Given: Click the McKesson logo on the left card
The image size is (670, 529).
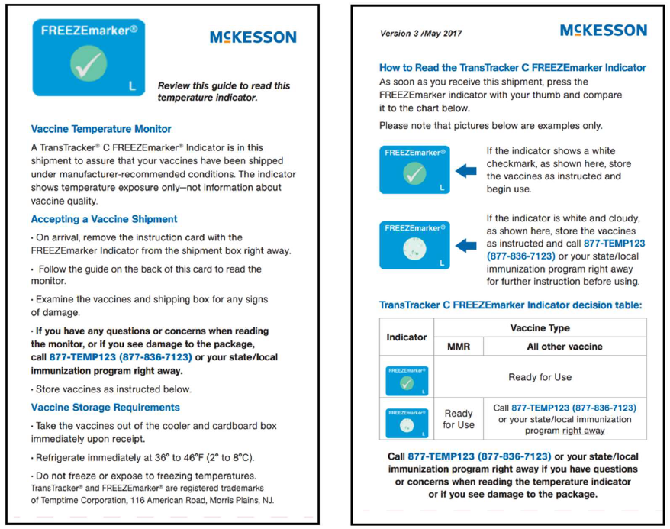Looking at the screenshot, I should click(x=253, y=37).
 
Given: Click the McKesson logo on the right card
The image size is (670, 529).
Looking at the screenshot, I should click(x=603, y=31).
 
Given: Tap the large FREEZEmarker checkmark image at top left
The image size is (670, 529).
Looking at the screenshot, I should click(x=89, y=58).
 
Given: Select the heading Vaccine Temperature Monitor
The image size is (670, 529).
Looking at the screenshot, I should click(x=101, y=129).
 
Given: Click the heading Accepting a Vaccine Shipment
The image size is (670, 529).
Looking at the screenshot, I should click(x=104, y=219).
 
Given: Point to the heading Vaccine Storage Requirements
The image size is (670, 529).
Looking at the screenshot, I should click(x=105, y=407).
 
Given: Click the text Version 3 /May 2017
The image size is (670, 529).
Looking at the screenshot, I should click(x=420, y=34).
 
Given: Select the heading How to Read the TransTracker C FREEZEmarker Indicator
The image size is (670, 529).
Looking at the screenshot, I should click(x=512, y=68).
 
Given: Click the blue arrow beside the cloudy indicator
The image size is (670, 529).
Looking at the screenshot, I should click(x=465, y=245).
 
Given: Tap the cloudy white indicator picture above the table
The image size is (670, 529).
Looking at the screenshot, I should click(x=414, y=245).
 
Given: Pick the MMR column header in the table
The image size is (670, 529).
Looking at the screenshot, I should click(x=458, y=347).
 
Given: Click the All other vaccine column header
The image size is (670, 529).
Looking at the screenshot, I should click(x=564, y=347).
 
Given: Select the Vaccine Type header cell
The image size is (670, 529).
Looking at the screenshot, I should click(x=540, y=327).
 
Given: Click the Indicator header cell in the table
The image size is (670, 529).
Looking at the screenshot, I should click(x=407, y=337).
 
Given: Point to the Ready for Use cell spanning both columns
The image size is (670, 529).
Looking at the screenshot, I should click(x=540, y=376).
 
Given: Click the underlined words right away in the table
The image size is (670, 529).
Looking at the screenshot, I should click(x=584, y=431).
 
